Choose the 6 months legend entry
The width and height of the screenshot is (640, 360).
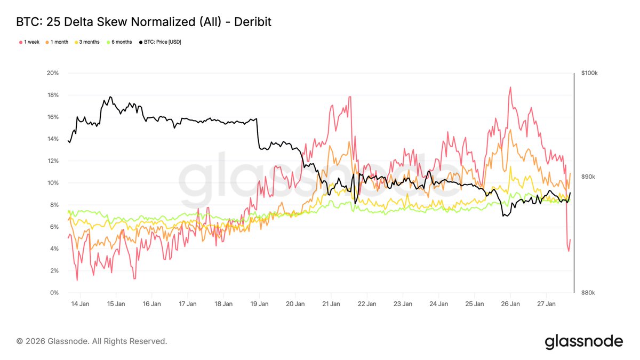[x=122, y=42]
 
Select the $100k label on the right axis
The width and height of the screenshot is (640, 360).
[x=590, y=73]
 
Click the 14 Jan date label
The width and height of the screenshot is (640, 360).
[x=80, y=304]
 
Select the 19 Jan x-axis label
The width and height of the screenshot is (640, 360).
[x=259, y=304]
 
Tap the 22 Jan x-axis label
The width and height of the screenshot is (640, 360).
[x=367, y=304]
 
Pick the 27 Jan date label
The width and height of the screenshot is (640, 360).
[x=546, y=304]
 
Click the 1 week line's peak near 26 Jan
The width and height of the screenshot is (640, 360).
[x=510, y=87]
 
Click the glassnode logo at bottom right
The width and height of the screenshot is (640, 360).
[x=583, y=341]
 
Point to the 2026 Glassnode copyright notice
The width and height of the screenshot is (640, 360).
[x=92, y=341]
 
